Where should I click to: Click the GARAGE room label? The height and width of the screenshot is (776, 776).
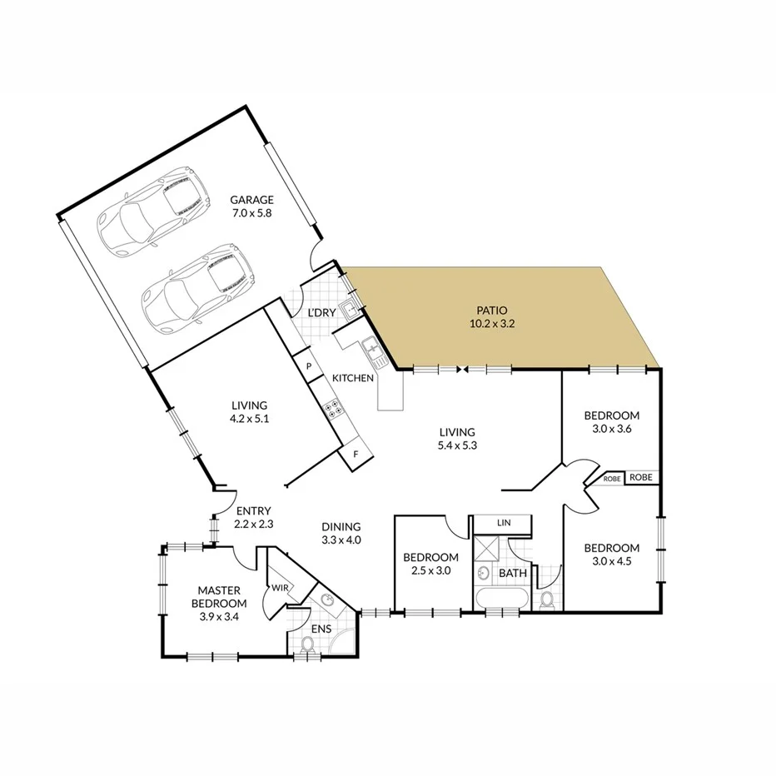pos(251,206)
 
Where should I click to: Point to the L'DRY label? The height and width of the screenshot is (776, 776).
pos(321,312)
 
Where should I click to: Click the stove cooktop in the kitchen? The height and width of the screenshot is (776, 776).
pos(333,408)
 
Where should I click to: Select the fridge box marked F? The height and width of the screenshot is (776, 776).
pos(356,455)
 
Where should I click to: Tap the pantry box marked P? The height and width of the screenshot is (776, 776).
pos(308,366)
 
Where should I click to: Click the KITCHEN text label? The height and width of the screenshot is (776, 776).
pos(353,378)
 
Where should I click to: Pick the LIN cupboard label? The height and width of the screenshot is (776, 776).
pos(502,523)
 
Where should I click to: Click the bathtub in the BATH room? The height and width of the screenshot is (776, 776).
pos(500,599)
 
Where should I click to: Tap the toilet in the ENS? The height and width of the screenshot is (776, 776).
pos(306,644)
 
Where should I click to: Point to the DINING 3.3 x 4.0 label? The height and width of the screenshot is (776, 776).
pos(341,533)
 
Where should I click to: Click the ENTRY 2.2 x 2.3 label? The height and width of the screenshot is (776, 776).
pos(254,518)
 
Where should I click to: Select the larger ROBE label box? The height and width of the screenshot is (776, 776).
pos(640,477)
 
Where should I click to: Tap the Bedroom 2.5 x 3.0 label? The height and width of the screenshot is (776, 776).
pos(430,564)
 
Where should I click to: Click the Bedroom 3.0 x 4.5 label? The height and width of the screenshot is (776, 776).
pos(611,555)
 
